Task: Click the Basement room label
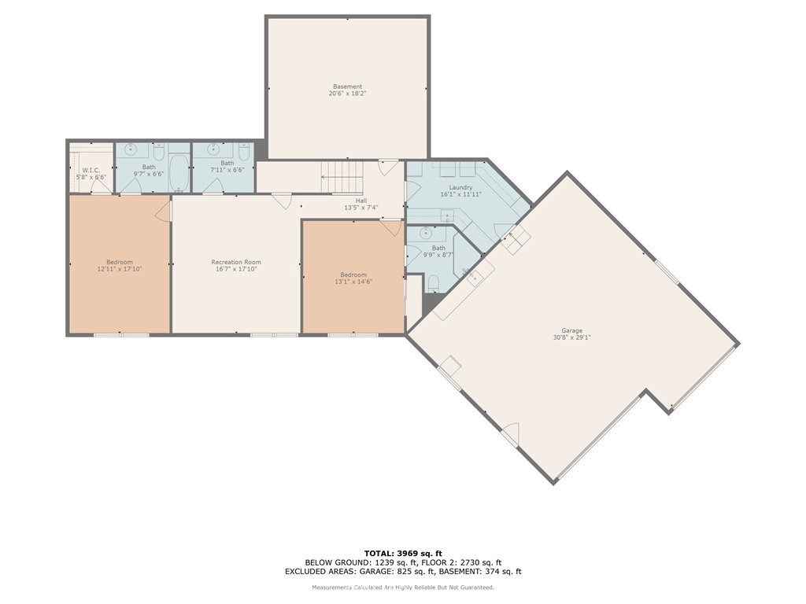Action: point(347,90)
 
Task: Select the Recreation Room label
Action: point(235,266)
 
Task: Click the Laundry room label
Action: point(460,190)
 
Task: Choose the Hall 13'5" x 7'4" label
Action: point(360,204)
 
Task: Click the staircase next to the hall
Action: point(343,177)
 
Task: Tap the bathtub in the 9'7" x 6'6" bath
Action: point(179,174)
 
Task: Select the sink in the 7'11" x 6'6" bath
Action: point(213,149)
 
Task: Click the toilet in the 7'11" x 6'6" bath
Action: point(243,151)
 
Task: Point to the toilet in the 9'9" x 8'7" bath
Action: point(434,283)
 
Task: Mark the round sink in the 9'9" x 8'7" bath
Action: point(426,234)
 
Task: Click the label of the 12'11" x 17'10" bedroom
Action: point(120,266)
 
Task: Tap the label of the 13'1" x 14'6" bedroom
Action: point(353,278)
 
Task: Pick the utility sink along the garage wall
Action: point(475,276)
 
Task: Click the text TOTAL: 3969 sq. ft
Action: point(402,553)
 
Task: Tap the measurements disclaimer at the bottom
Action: point(402,587)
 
